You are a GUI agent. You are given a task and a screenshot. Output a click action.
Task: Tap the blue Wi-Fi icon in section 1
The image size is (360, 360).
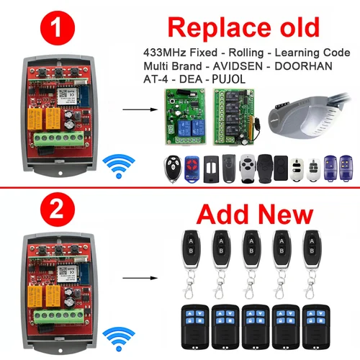[x=114, y=166]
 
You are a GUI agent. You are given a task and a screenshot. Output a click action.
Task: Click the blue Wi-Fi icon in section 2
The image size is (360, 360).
[x=114, y=335]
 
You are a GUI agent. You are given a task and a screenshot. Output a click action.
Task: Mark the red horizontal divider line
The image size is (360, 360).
[x=180, y=189]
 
